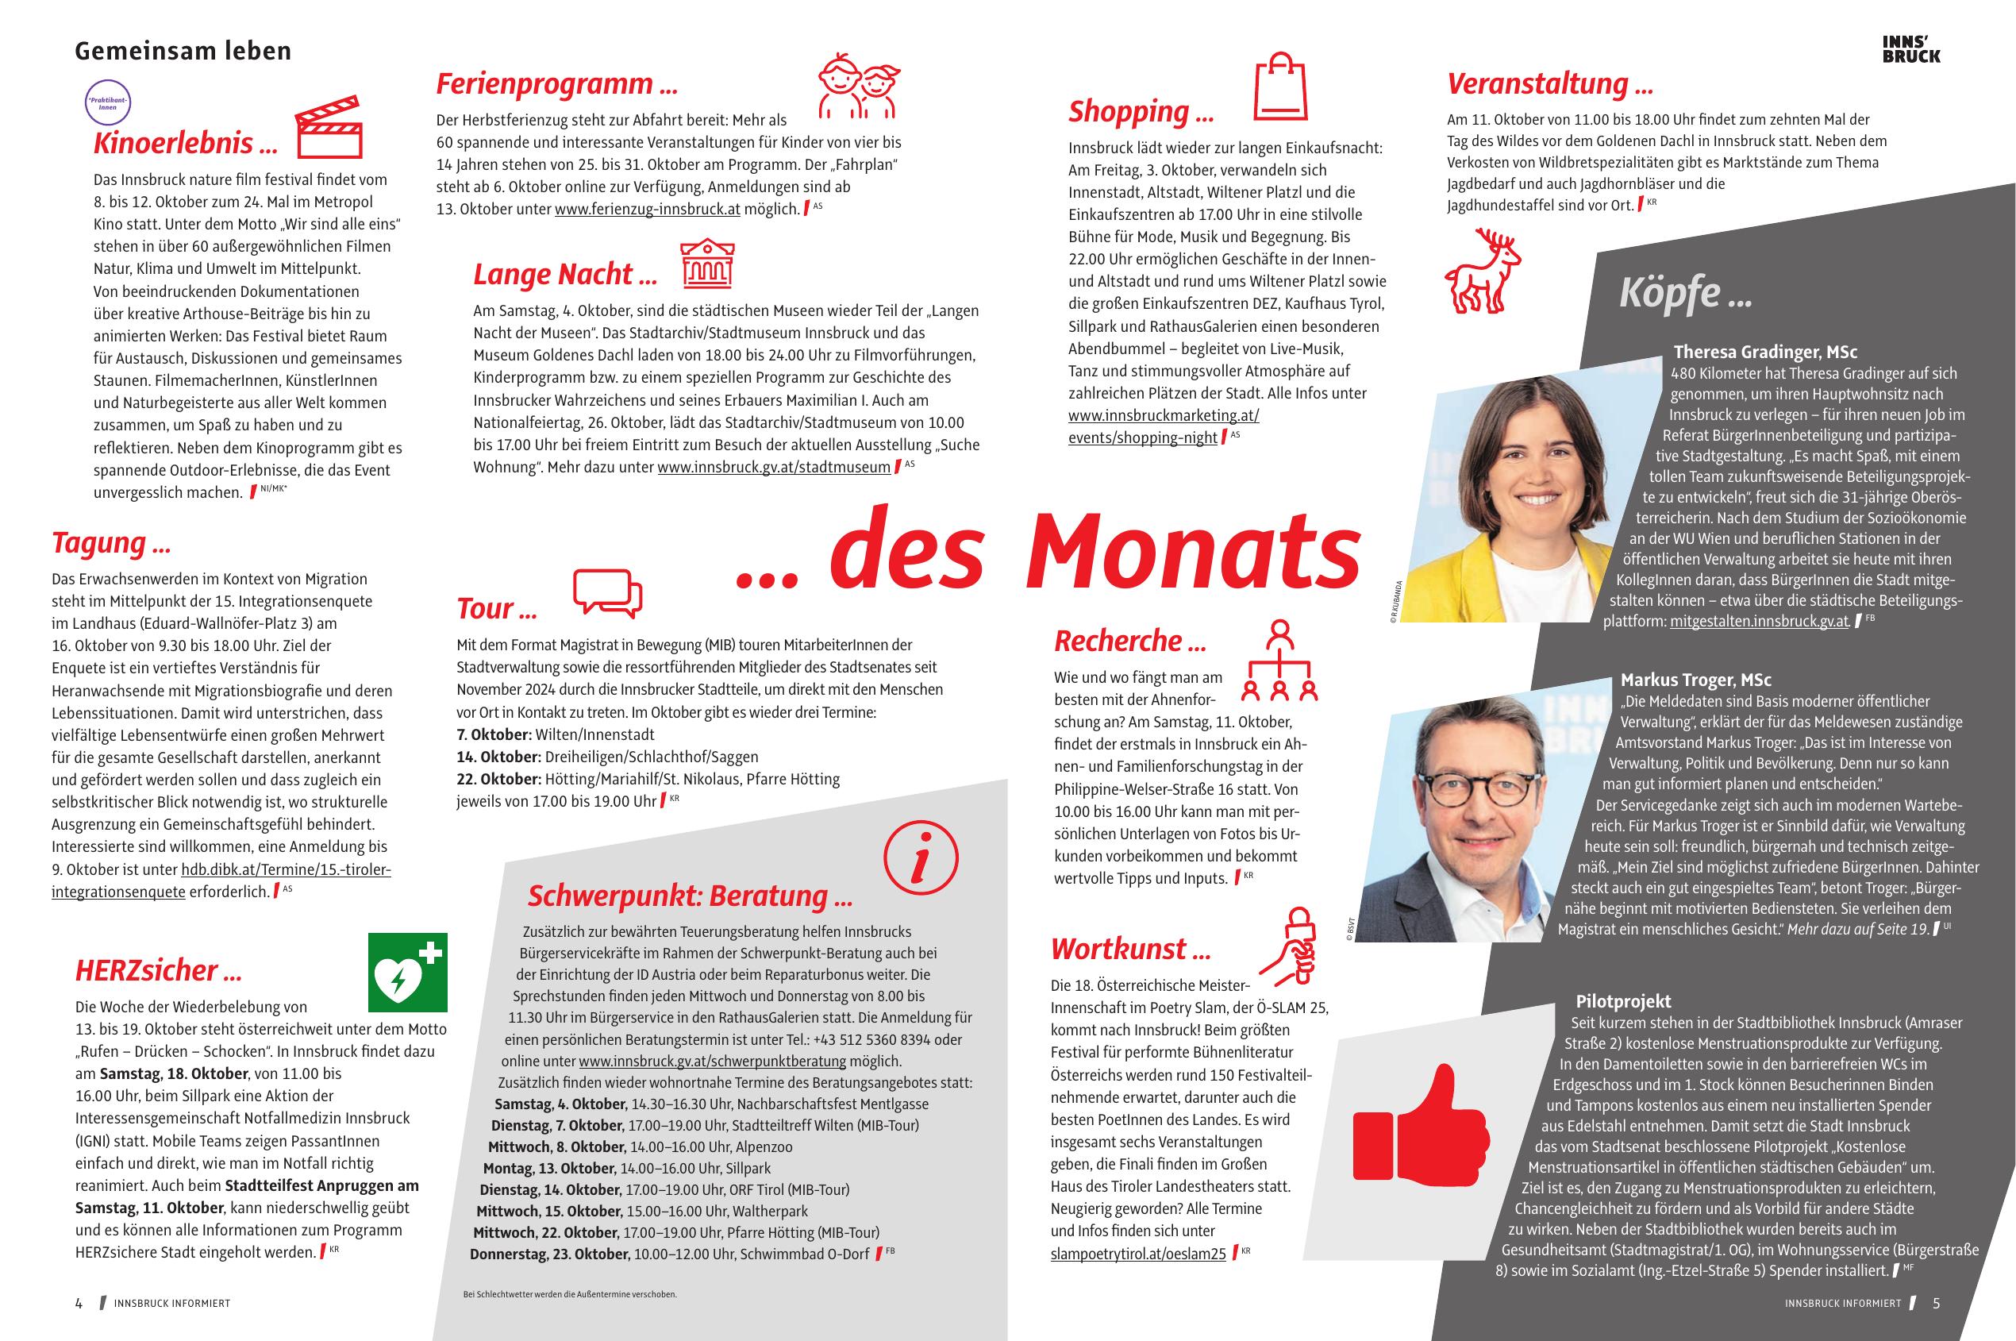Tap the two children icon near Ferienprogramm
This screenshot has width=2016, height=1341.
pos(858,86)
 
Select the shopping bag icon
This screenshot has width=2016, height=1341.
pos(1280,87)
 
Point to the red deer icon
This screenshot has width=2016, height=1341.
pos(1483,270)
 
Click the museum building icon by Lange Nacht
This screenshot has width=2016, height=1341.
pos(707,264)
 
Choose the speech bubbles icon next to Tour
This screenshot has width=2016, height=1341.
pos(607,592)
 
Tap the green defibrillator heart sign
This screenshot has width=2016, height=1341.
pos(408,972)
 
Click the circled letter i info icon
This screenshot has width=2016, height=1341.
pos(921,857)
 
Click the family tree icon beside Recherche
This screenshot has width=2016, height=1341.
pos(1279,661)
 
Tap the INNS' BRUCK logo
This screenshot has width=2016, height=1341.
pos(1911,49)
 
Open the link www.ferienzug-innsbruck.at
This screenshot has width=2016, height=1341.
pos(647,209)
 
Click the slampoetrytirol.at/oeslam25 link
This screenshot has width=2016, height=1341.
pos(1137,1254)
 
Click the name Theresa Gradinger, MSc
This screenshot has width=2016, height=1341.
pos(1764,352)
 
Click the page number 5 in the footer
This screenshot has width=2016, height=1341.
pos(1937,1304)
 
